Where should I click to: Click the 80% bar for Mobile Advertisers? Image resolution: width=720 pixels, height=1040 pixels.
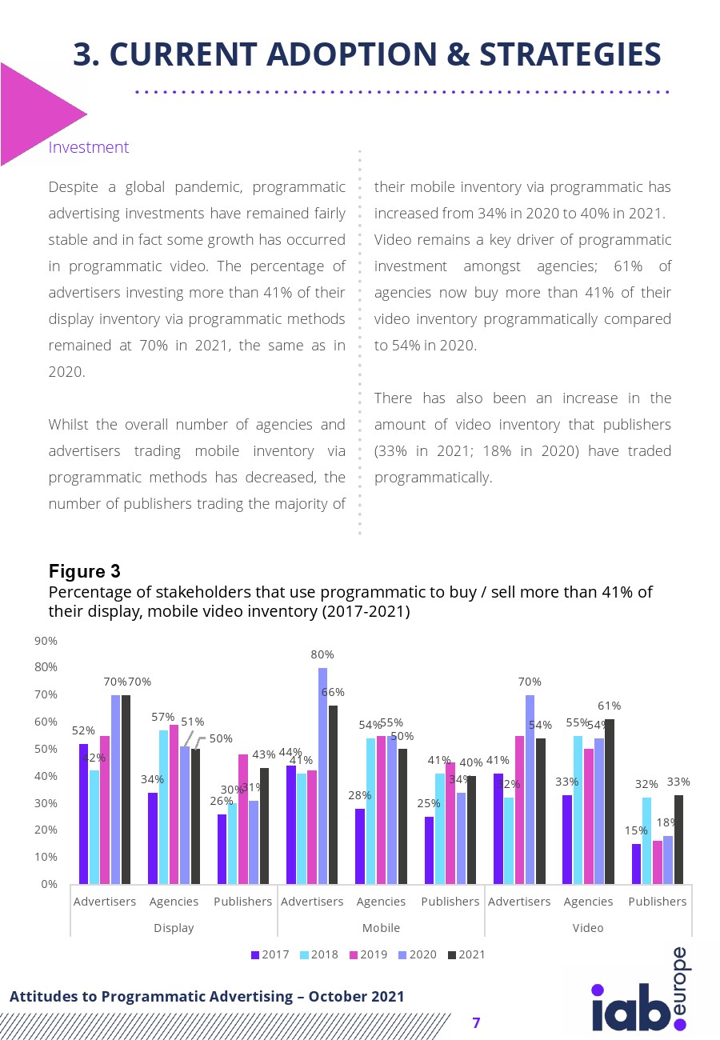tap(323, 776)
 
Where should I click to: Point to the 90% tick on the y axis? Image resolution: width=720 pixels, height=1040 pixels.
tap(46, 641)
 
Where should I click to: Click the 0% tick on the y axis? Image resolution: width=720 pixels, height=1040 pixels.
tap(50, 884)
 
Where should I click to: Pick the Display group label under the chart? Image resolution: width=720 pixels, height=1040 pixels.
tap(174, 928)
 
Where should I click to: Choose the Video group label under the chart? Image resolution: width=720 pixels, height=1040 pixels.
tap(588, 928)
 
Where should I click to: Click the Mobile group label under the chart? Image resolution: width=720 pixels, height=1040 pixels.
tap(381, 928)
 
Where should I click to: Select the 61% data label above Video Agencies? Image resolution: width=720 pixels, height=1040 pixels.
tap(610, 706)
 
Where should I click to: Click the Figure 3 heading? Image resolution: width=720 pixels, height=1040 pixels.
tap(85, 571)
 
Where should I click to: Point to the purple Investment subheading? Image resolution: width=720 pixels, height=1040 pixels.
tap(89, 147)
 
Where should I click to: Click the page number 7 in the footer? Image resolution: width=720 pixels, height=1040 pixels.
tap(477, 1022)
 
